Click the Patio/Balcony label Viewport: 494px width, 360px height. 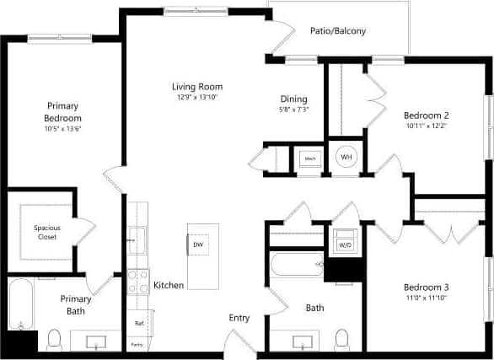tap(337, 31)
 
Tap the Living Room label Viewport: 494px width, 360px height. tap(196, 86)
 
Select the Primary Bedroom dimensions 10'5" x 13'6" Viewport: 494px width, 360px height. tap(62, 129)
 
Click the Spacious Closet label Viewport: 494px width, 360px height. tap(47, 231)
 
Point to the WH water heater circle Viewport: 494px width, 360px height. tap(346, 157)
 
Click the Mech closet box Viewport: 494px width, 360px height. tap(309, 158)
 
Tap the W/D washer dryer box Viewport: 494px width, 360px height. tap(345, 244)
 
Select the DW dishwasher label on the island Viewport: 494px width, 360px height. tap(198, 244)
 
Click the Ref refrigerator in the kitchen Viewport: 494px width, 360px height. tap(137, 323)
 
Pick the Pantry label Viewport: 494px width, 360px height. tap(137, 344)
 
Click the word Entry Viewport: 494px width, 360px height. tap(239, 318)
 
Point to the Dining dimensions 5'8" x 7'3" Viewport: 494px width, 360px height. tap(293, 110)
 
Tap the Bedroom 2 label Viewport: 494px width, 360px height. tap(426, 116)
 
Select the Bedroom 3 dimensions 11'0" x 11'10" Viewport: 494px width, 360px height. tap(426, 298)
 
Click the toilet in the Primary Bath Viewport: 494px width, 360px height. tap(55, 340)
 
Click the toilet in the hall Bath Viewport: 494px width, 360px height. tap(342, 339)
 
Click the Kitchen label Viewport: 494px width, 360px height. tap(169, 286)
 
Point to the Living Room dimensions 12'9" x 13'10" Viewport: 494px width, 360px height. tap(196, 97)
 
